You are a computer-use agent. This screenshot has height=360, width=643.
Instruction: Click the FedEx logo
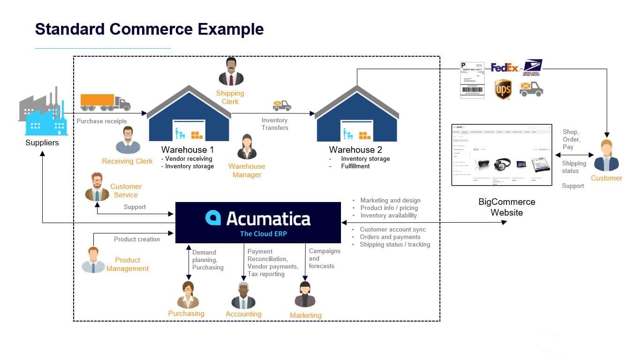(505, 68)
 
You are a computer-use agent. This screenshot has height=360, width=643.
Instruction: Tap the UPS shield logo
(503, 89)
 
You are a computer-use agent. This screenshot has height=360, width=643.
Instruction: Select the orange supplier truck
(105, 102)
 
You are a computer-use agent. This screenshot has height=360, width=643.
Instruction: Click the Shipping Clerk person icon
(231, 72)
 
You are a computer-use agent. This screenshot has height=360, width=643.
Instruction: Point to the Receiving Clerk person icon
(128, 140)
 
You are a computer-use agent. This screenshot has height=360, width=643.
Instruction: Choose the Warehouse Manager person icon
(247, 147)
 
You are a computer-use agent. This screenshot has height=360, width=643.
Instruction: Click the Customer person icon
(606, 156)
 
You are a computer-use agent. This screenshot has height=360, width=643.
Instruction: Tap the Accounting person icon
(243, 295)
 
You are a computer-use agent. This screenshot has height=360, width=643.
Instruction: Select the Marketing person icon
(305, 295)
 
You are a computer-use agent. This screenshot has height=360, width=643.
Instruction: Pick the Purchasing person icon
(188, 295)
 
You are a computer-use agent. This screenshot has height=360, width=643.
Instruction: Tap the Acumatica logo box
(258, 223)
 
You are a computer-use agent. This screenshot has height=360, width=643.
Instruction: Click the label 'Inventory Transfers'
(275, 124)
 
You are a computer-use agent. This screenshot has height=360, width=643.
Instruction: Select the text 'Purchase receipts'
(102, 121)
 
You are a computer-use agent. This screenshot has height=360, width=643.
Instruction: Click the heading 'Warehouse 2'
(356, 150)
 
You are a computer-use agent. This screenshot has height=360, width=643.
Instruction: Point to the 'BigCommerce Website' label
(507, 207)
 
